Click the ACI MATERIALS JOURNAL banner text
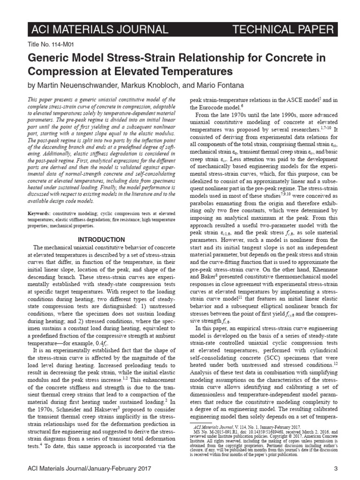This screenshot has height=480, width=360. point(98,30)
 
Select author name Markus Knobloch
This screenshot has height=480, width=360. point(142,86)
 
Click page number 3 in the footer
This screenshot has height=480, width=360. point(336,468)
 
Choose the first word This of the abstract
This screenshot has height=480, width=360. point(33,100)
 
